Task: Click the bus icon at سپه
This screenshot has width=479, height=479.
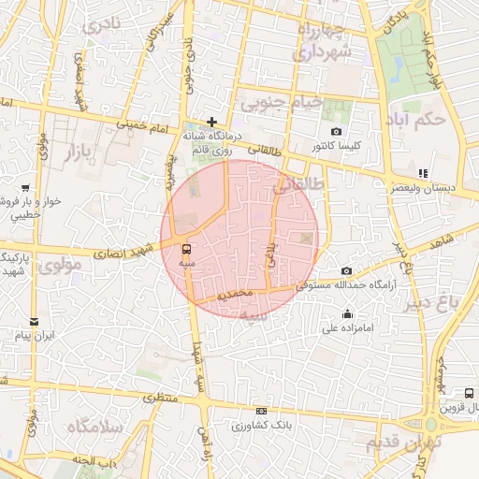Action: (x=187, y=249)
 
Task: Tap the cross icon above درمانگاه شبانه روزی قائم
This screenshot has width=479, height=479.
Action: (x=212, y=122)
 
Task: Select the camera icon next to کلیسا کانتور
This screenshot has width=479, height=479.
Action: (x=336, y=132)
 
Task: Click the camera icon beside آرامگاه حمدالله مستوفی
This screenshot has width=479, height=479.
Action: (x=347, y=270)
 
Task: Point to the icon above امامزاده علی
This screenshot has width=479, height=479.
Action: (x=348, y=313)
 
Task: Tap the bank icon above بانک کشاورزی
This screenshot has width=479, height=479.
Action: (x=261, y=411)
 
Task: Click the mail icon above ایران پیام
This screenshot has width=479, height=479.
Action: (x=34, y=320)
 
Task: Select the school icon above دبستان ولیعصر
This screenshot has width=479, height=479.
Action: (x=423, y=172)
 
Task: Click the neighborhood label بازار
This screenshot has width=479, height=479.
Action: (x=81, y=157)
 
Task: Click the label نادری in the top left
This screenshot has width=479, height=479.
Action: (x=103, y=27)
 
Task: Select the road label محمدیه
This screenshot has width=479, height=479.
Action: (x=234, y=294)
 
